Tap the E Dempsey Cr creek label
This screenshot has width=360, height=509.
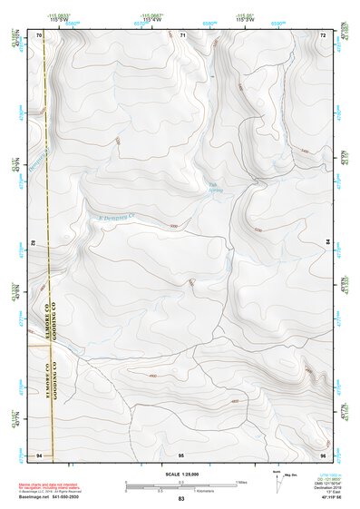[x=115, y=217]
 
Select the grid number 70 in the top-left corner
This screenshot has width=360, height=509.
[x=39, y=34]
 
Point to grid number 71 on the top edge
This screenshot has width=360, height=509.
[x=182, y=34]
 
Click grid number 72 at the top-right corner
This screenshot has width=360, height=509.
[x=323, y=34]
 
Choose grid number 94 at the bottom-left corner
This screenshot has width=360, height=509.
[x=39, y=453]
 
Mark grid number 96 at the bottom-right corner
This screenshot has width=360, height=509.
[x=323, y=453]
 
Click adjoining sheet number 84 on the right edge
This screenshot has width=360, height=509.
[x=326, y=243]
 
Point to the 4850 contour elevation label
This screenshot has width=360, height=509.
[x=233, y=400]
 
